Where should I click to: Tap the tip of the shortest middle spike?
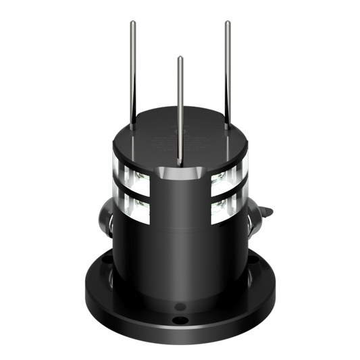[x=180, y=57]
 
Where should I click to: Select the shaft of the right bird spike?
[x=228, y=74]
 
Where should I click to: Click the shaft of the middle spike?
[x=180, y=108]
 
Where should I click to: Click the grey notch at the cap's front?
[x=180, y=175]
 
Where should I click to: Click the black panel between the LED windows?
[x=180, y=203]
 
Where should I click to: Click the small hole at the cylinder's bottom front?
[x=180, y=303]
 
